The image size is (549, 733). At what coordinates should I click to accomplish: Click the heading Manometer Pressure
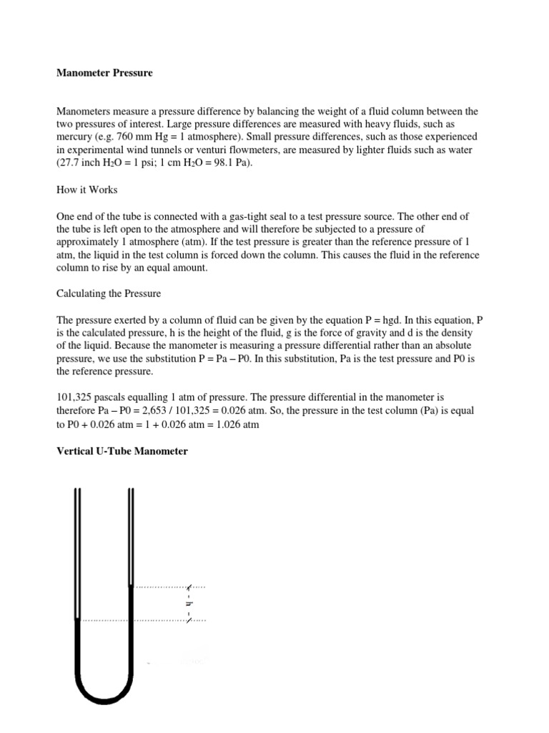point(104,73)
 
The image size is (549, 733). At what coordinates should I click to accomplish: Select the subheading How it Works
point(86,190)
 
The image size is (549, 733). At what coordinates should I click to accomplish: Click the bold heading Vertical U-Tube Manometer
point(122,451)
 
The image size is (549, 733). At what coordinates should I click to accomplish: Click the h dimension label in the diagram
point(189,603)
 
